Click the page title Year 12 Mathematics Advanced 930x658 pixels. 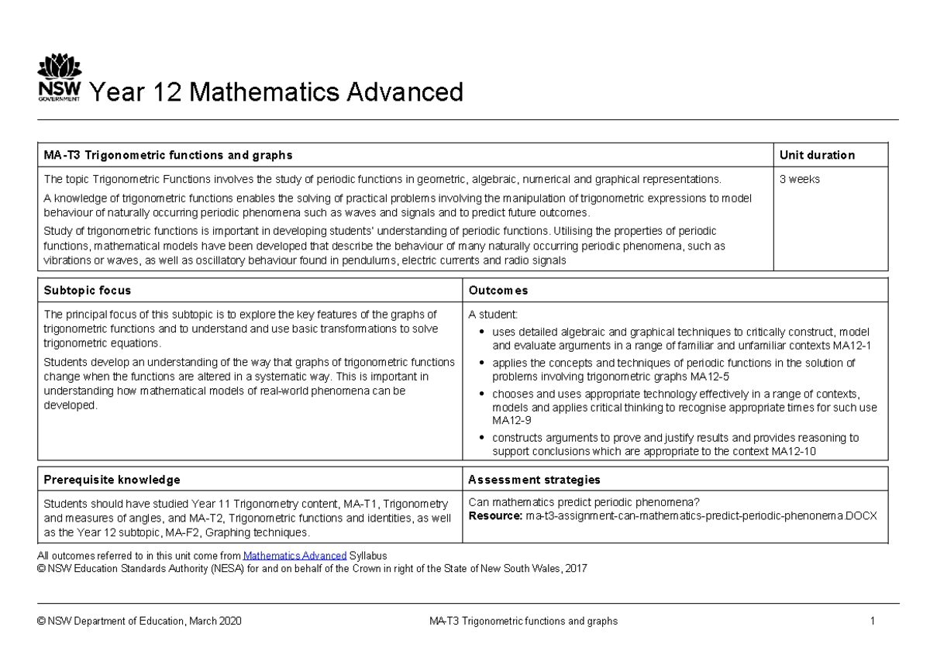tap(277, 92)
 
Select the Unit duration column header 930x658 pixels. tap(817, 155)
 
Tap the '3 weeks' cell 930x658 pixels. tap(799, 179)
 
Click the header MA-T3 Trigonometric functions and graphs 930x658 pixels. tap(167, 155)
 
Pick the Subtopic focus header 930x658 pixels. tap(88, 291)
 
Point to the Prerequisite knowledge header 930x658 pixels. tap(112, 480)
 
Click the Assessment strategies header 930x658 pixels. tap(534, 480)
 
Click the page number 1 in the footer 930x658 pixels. tap(872, 621)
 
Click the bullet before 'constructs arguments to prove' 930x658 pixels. tap(484, 438)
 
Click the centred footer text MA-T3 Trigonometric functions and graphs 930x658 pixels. tap(523, 621)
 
